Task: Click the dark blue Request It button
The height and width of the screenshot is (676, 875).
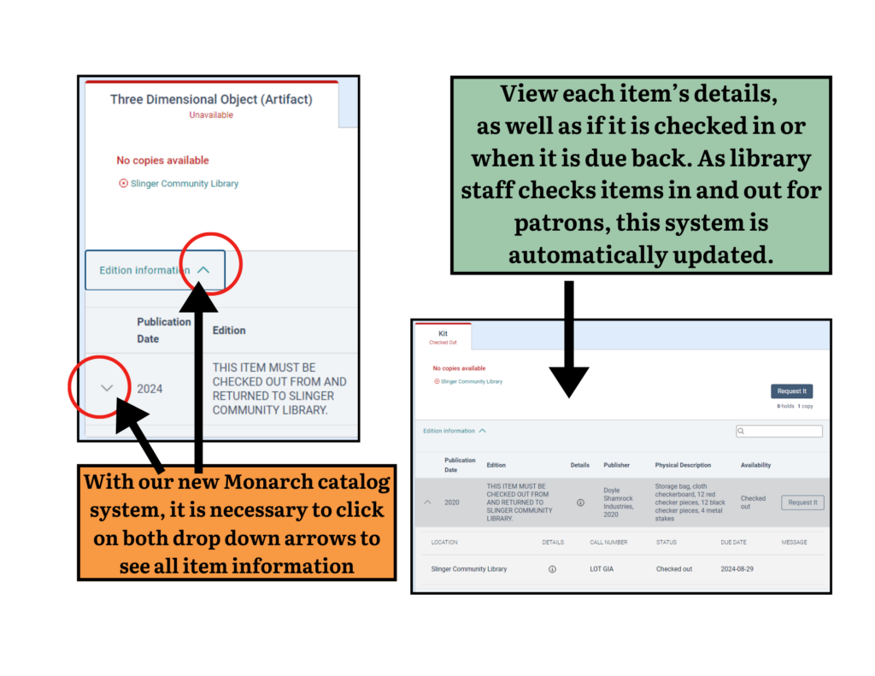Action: click(x=791, y=391)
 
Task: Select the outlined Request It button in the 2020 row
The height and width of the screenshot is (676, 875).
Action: click(x=802, y=503)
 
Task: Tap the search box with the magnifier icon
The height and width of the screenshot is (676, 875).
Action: click(x=779, y=432)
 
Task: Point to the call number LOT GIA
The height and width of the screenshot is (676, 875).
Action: click(x=604, y=569)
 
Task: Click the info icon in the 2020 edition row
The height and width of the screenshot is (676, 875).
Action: click(x=581, y=503)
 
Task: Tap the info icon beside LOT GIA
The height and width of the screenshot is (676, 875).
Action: click(x=552, y=569)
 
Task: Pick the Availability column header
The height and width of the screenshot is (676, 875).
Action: click(x=755, y=466)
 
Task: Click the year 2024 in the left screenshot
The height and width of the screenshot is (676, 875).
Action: click(x=150, y=389)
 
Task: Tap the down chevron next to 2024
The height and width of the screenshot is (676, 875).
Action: click(x=107, y=388)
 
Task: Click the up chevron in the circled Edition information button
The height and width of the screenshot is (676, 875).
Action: click(x=203, y=270)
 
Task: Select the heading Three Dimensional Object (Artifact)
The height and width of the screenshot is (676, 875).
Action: click(x=211, y=100)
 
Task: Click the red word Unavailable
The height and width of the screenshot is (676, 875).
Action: click(x=211, y=115)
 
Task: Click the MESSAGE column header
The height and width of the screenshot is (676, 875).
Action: click(x=794, y=542)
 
